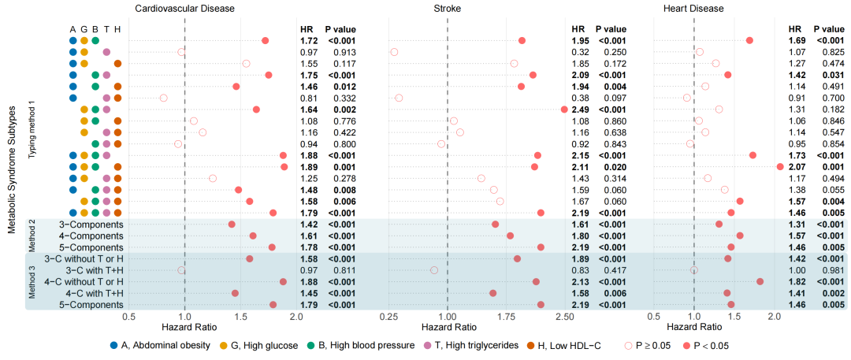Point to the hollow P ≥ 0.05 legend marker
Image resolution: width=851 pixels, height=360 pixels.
tap(628, 345)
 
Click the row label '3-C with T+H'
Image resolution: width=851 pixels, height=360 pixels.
tap(90, 270)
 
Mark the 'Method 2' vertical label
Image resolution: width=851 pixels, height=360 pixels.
tap(32, 236)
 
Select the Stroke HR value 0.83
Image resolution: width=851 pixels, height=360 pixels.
tap(580, 270)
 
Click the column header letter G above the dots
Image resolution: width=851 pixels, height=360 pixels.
tap(84, 28)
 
